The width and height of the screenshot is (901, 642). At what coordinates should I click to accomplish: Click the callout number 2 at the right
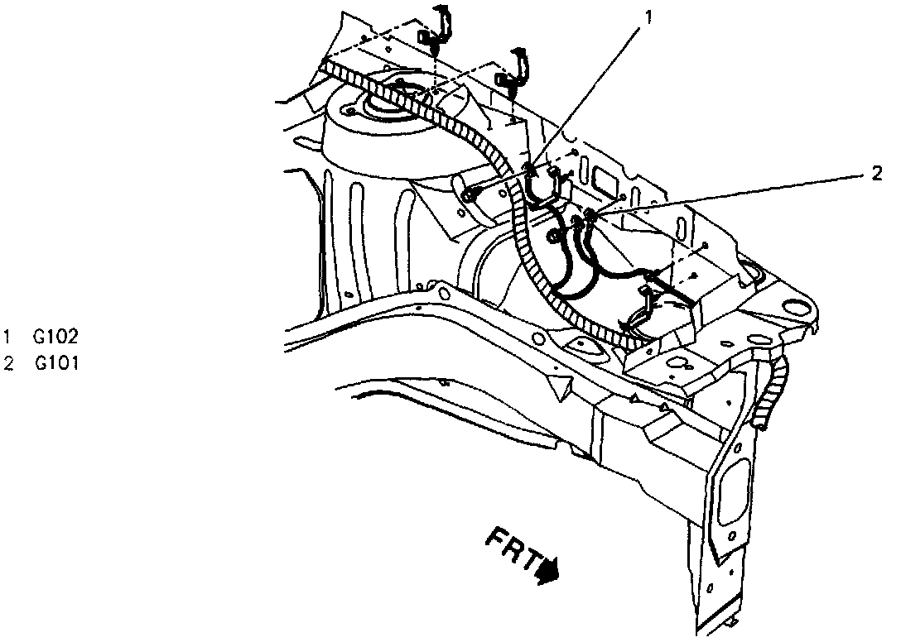[x=876, y=173]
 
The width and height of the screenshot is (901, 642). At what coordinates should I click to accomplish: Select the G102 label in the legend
[x=56, y=337]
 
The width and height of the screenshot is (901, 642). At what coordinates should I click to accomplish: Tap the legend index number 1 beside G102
[x=7, y=337]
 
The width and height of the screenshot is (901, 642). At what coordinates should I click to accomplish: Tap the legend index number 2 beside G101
[x=7, y=362]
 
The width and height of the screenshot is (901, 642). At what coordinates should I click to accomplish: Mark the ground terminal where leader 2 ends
[x=589, y=217]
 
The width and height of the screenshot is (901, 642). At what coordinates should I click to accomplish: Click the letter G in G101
[x=41, y=362]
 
